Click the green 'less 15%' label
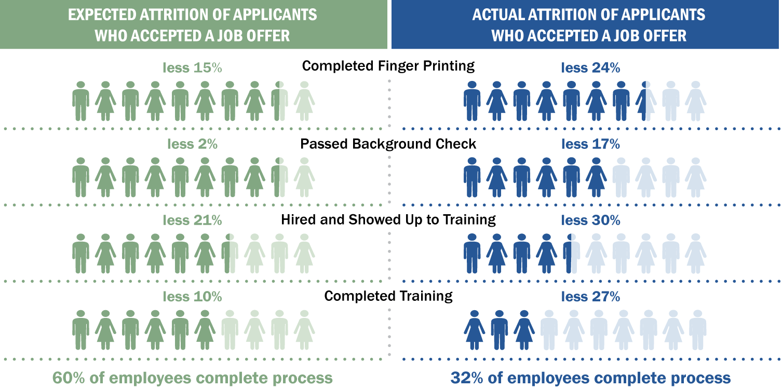coord(192,68)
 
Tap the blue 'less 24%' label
coord(590,68)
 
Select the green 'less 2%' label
coord(192,144)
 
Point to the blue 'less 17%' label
coord(590,144)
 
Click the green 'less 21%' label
coord(192,220)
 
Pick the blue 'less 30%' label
coord(590,220)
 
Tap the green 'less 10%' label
coord(192,297)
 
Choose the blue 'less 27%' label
coord(590,297)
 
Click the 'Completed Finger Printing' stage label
coord(388,66)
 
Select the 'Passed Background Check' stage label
coord(388,144)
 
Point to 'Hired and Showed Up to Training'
coord(388,220)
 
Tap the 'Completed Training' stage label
coord(388,296)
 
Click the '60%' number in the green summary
coord(70,378)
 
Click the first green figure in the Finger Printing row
coord(80,101)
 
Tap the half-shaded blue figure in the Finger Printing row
coord(646,101)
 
